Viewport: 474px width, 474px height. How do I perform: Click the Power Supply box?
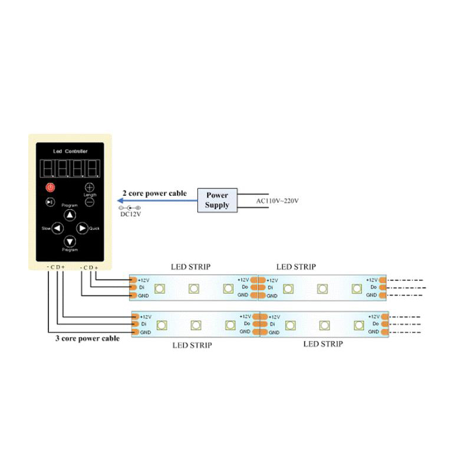217,200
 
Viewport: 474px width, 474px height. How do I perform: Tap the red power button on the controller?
50,187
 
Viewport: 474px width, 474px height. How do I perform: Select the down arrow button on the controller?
70,241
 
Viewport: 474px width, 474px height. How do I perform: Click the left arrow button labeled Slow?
57,228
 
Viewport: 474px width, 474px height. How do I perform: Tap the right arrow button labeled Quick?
82,228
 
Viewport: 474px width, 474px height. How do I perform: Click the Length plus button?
90,187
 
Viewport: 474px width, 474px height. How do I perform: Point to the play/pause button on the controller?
50,202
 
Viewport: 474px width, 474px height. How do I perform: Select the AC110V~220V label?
278,201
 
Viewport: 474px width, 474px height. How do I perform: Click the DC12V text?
130,215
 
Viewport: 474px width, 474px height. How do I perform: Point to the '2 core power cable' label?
154,193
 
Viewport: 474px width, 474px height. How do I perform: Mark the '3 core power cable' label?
87,338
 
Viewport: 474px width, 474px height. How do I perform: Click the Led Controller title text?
70,152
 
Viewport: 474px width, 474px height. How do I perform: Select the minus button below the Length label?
90,202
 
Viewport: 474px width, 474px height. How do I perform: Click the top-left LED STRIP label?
190,267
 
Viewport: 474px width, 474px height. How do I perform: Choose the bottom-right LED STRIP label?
323,344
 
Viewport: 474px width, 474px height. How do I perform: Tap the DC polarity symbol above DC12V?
129,208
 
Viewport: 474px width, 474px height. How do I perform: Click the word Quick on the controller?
94,228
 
